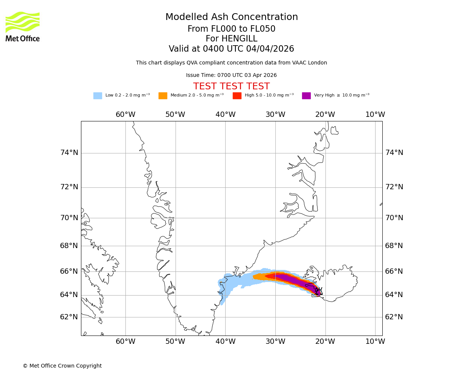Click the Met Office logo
[23, 27]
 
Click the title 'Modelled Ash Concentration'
[232, 17]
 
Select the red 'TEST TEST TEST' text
[231, 87]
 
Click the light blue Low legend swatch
[98, 96]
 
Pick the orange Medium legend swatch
[163, 96]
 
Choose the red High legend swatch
[237, 96]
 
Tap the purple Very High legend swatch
[306, 96]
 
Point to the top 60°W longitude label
[125, 115]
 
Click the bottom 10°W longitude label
[375, 342]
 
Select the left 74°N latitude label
[69, 153]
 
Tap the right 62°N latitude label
[394, 317]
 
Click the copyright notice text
[62, 366]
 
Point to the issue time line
[231, 75]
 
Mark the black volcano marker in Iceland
[319, 291]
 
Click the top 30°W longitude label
[275, 115]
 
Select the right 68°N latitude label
[394, 246]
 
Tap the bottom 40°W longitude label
[226, 342]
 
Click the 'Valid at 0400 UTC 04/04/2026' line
[231, 49]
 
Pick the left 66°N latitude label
[69, 271]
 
